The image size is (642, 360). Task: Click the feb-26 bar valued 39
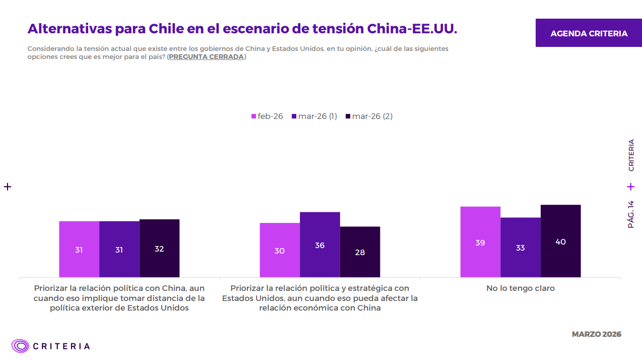[480, 242]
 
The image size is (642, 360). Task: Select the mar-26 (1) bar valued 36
[319, 245]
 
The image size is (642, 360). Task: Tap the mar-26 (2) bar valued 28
[360, 252]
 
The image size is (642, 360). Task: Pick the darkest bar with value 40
[560, 241]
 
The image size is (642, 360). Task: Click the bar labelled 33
[520, 247]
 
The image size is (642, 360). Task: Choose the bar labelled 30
[280, 250]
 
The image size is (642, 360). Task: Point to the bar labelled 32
[159, 248]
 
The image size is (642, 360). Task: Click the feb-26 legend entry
[267, 116]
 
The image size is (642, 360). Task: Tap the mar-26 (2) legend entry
[368, 116]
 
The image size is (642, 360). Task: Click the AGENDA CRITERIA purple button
[589, 33]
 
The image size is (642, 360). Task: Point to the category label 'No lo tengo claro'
[520, 288]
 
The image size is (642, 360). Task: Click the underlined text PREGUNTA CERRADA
[206, 57]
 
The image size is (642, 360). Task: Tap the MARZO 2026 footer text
[596, 334]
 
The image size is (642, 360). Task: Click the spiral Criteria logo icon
[21, 346]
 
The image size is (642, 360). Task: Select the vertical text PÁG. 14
[631, 214]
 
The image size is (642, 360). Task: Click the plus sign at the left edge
[8, 187]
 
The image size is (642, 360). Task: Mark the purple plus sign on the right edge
[631, 187]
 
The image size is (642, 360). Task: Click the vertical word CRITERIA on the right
[631, 155]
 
